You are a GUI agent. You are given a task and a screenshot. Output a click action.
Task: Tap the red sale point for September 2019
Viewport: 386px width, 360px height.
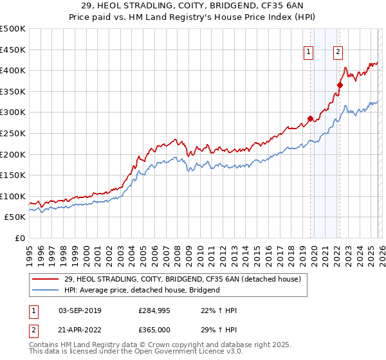click(x=310, y=118)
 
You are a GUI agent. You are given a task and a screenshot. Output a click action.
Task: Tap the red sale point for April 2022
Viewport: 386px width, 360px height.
click(x=340, y=85)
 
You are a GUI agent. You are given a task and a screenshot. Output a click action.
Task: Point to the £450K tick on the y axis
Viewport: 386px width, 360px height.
click(x=13, y=50)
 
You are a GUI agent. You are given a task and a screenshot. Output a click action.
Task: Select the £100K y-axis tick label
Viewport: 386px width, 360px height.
click(x=13, y=196)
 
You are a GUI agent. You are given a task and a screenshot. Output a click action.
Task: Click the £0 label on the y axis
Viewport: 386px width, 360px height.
click(x=20, y=238)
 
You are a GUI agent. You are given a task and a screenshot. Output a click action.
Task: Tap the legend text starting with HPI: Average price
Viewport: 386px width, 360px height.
click(x=142, y=290)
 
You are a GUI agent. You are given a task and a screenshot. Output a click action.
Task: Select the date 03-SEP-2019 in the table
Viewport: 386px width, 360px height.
click(x=76, y=310)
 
